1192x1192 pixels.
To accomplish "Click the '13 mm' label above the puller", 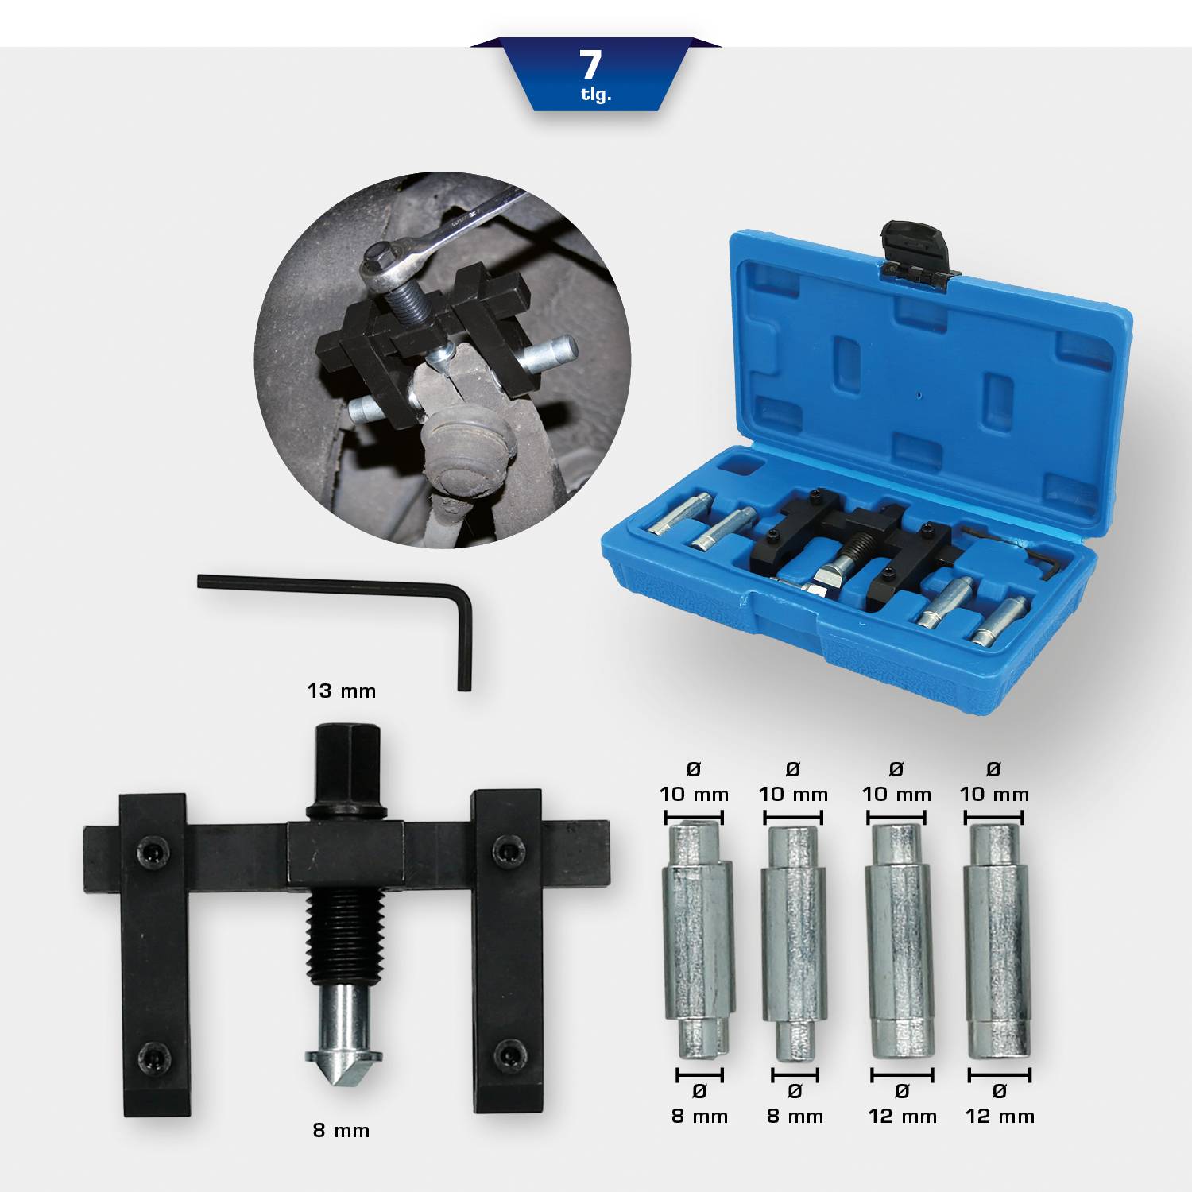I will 341,691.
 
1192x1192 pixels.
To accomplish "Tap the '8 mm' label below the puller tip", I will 341,1130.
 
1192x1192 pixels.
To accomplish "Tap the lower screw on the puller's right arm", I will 506,1055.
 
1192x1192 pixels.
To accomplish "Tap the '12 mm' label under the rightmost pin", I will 1000,1117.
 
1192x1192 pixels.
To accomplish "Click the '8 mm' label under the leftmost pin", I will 699,1117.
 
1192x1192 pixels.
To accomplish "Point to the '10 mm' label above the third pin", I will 896,794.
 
